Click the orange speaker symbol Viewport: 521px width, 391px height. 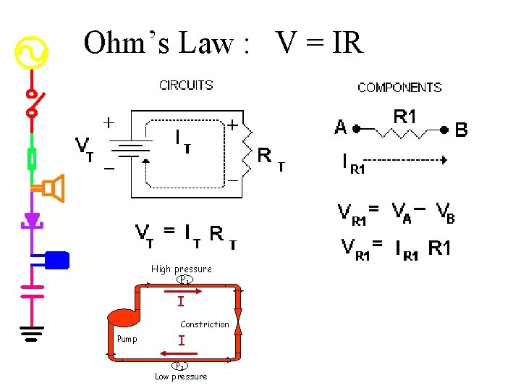(52, 188)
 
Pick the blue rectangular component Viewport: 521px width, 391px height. (56, 258)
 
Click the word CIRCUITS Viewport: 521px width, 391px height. (186, 85)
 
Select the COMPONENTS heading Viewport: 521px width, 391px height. (399, 88)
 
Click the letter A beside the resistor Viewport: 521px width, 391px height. (341, 128)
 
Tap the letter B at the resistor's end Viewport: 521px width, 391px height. (461, 130)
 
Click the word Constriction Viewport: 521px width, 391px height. (205, 324)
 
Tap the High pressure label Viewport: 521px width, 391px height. (182, 269)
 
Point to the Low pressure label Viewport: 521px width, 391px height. (181, 377)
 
